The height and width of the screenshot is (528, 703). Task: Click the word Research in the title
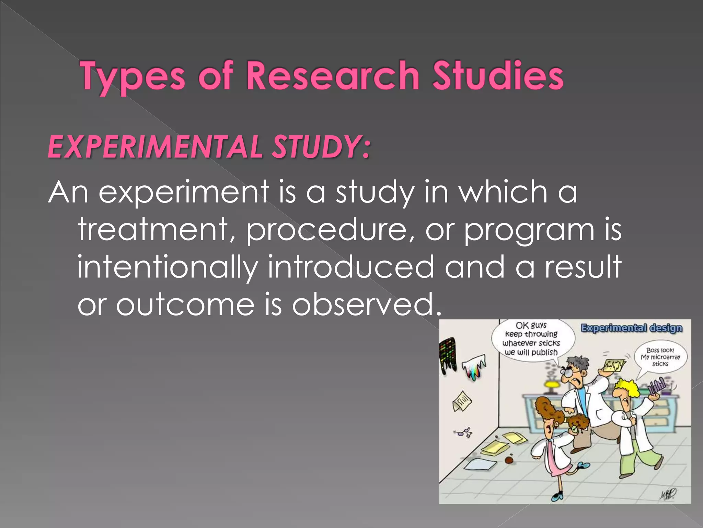(x=332, y=75)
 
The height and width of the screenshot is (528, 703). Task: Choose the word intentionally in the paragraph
(x=167, y=267)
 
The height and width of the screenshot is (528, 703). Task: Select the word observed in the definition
(x=366, y=305)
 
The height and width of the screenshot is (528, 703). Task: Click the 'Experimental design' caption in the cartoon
(x=631, y=328)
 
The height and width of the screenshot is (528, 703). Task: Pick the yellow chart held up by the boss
(x=613, y=366)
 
